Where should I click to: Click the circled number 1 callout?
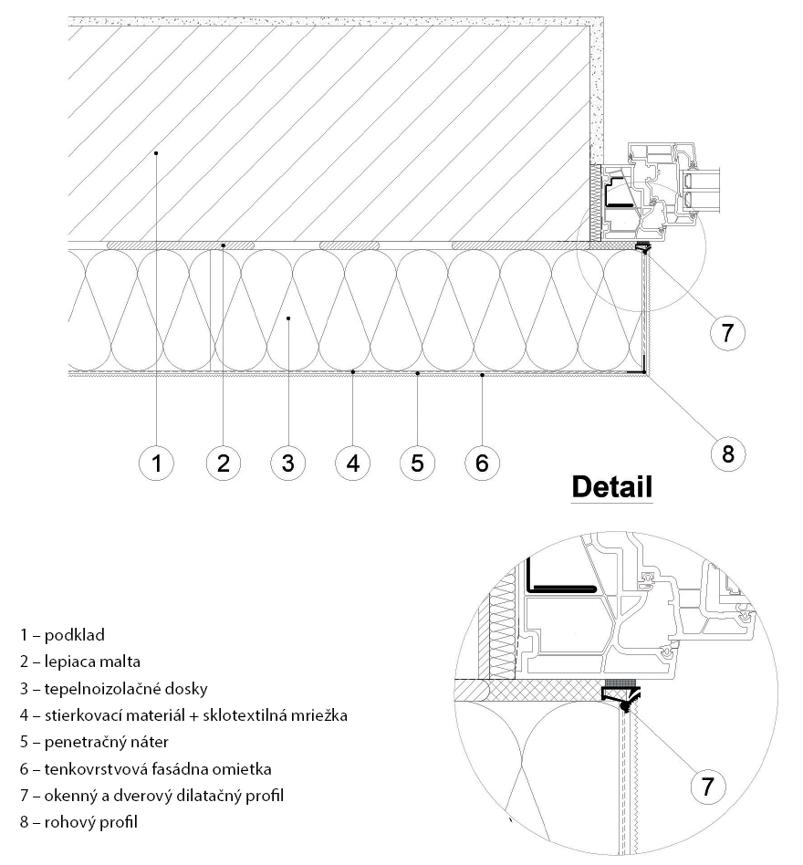point(157,463)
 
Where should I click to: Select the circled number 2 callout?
point(222,463)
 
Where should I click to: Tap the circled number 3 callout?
point(287,463)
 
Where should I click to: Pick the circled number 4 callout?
point(352,463)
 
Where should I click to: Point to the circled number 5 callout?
point(417,463)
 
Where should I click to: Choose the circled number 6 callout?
point(482,463)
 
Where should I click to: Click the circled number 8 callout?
point(727,453)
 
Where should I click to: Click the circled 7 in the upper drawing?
point(726,332)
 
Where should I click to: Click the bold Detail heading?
point(611,487)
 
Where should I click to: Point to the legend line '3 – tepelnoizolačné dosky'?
point(115,688)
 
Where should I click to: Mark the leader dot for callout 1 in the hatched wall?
point(157,152)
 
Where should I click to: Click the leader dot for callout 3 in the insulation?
point(287,318)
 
